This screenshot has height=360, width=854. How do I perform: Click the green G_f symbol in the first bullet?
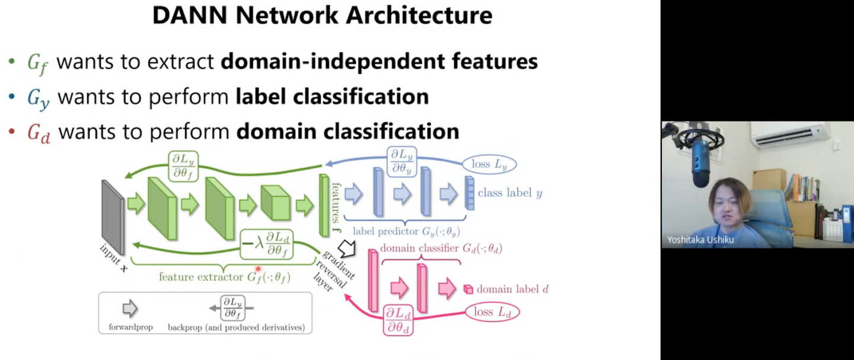(x=37, y=63)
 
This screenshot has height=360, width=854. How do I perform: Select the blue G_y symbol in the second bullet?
(x=38, y=98)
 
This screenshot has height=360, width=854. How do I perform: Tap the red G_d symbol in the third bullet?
(x=39, y=133)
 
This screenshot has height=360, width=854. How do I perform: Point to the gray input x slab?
(x=113, y=216)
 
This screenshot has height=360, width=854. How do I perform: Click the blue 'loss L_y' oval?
(x=490, y=164)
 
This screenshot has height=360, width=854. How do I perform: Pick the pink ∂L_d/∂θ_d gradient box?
(x=398, y=320)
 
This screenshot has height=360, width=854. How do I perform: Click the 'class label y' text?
(x=509, y=193)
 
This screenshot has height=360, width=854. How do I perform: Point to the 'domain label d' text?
(x=512, y=289)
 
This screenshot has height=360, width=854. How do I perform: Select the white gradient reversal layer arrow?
(x=346, y=248)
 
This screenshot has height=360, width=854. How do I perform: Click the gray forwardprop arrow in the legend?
(x=130, y=308)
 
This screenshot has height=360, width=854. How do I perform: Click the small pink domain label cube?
(x=469, y=289)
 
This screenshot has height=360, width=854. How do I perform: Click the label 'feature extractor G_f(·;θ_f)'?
(x=224, y=277)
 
